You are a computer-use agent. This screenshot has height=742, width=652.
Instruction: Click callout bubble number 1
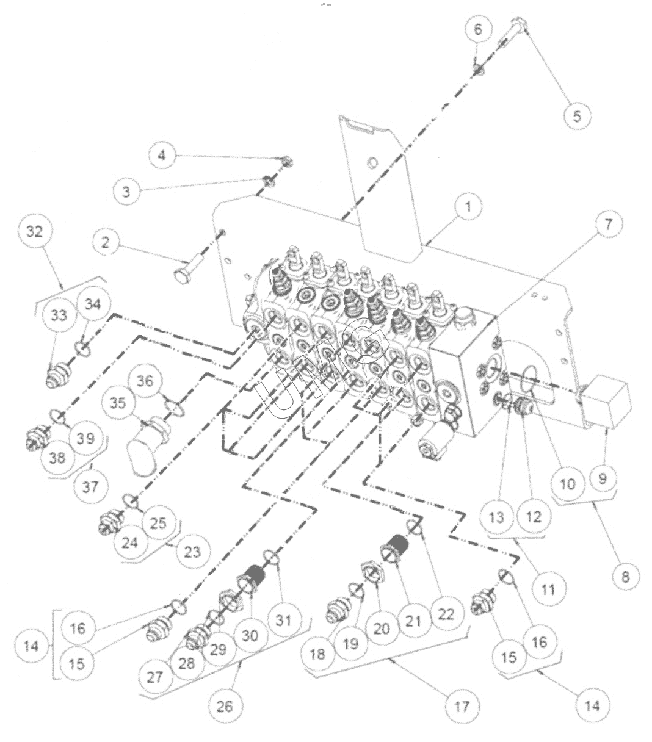(x=468, y=207)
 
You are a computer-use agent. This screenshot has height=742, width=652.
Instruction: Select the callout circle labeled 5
(x=577, y=116)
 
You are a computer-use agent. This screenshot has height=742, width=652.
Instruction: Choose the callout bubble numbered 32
(x=35, y=231)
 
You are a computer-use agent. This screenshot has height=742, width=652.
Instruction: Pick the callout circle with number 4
(x=162, y=155)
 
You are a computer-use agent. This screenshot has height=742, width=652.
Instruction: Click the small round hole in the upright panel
(x=373, y=162)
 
